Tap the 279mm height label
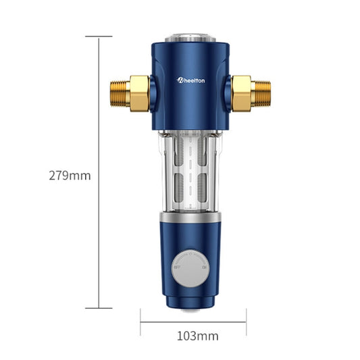70,176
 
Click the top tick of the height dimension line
99,37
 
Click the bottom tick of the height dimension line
99,308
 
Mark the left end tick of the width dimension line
140,322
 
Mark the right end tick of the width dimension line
247,322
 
